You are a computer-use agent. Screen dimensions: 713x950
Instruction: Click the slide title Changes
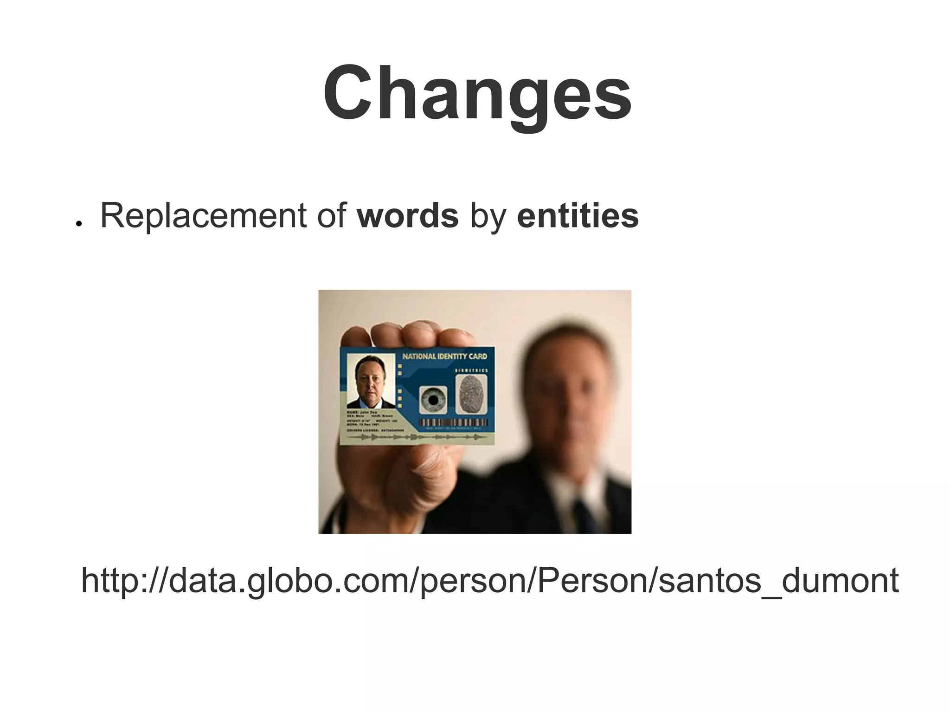tap(477, 93)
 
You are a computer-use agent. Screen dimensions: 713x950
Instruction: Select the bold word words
tap(408, 216)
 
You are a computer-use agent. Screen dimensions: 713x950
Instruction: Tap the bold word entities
tap(578, 216)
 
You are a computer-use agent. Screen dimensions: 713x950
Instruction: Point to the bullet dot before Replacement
tap(79, 224)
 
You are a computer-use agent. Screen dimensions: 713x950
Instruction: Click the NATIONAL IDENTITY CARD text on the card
tap(444, 356)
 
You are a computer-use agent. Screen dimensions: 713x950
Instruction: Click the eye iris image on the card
tap(433, 400)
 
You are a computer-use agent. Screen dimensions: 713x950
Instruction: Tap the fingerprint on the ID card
tap(471, 394)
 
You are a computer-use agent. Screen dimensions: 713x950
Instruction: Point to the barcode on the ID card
tap(453, 422)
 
